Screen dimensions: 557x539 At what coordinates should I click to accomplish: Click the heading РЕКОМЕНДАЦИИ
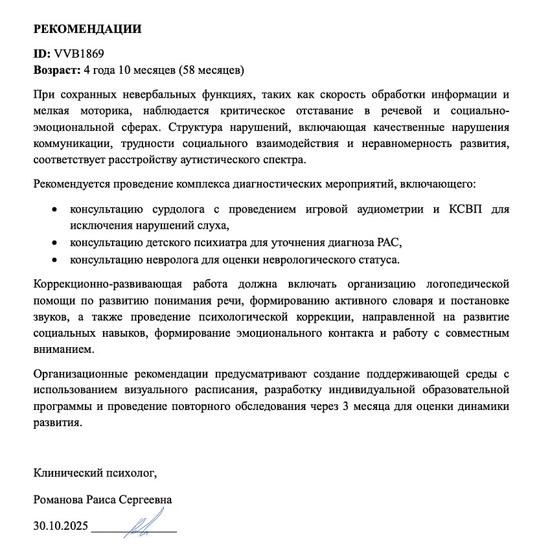tap(87, 29)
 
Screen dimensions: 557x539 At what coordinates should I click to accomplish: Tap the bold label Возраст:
tap(56, 68)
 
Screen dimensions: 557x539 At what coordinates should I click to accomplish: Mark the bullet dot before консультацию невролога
tap(54, 260)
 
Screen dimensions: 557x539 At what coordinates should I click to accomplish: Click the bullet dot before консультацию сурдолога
tap(54, 210)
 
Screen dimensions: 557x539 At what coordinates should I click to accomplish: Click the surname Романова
tap(59, 500)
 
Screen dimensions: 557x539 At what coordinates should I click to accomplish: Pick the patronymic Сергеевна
tap(148, 500)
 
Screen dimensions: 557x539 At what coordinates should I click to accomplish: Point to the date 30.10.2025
tap(61, 525)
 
